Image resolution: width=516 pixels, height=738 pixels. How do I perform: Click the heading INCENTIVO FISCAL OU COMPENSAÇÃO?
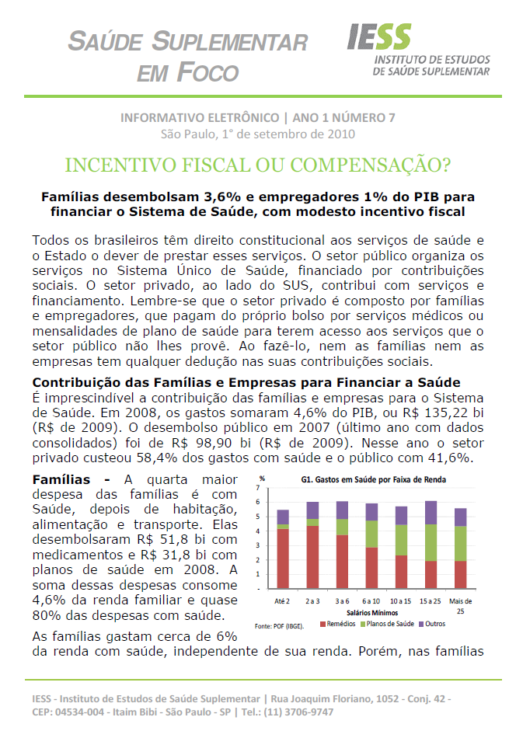[x=257, y=165]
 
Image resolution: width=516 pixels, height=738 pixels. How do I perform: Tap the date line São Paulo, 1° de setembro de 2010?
[x=257, y=134]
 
